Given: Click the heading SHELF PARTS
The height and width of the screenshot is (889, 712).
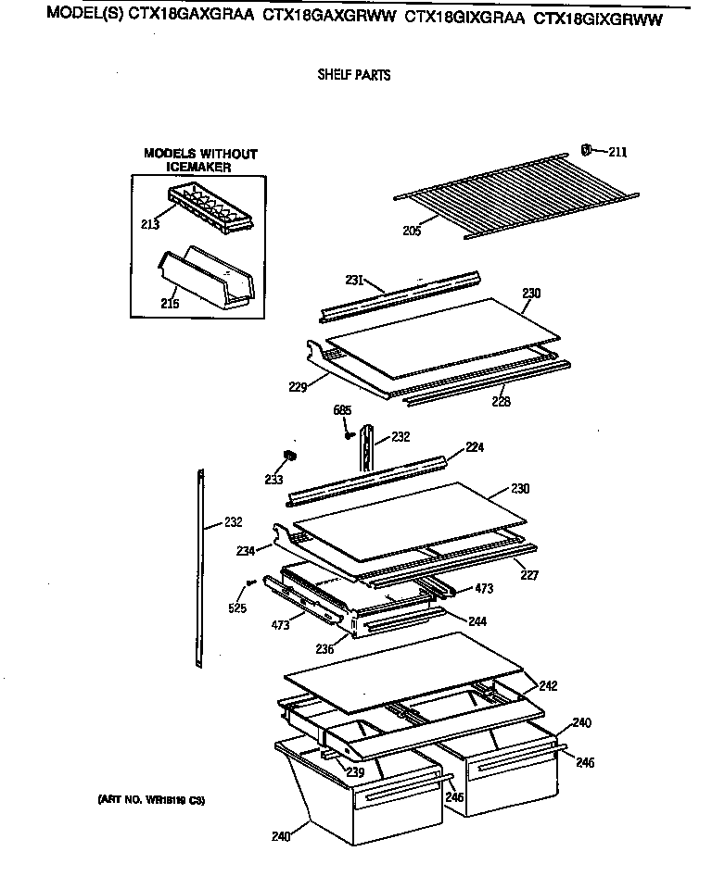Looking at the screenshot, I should [353, 75].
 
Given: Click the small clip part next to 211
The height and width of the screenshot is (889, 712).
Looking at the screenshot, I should [586, 149].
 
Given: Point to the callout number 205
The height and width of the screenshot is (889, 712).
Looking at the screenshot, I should [412, 231].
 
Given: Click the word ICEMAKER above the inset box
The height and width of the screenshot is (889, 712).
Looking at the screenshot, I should [198, 168].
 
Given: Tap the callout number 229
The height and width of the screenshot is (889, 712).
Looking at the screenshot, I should [297, 387].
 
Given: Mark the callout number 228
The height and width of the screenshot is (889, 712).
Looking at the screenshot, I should [501, 401].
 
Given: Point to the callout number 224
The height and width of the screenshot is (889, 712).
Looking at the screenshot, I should [475, 446].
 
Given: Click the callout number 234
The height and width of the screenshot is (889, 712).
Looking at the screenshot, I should [245, 550].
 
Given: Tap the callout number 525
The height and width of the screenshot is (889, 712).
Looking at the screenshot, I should [238, 607].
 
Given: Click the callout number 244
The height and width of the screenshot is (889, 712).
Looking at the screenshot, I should [477, 620].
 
